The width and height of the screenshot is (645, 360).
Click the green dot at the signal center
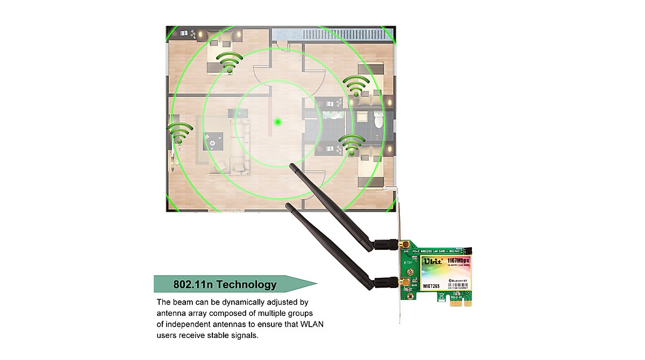point(278,123)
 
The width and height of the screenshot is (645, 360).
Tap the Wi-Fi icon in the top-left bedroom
point(230,62)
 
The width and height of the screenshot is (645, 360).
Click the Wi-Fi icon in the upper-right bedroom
point(356,85)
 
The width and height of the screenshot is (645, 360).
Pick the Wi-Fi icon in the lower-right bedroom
point(352,144)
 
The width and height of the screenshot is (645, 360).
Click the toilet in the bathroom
point(378,120)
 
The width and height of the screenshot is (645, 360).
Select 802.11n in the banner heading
point(191,284)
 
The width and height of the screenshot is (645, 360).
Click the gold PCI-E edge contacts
point(460,303)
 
